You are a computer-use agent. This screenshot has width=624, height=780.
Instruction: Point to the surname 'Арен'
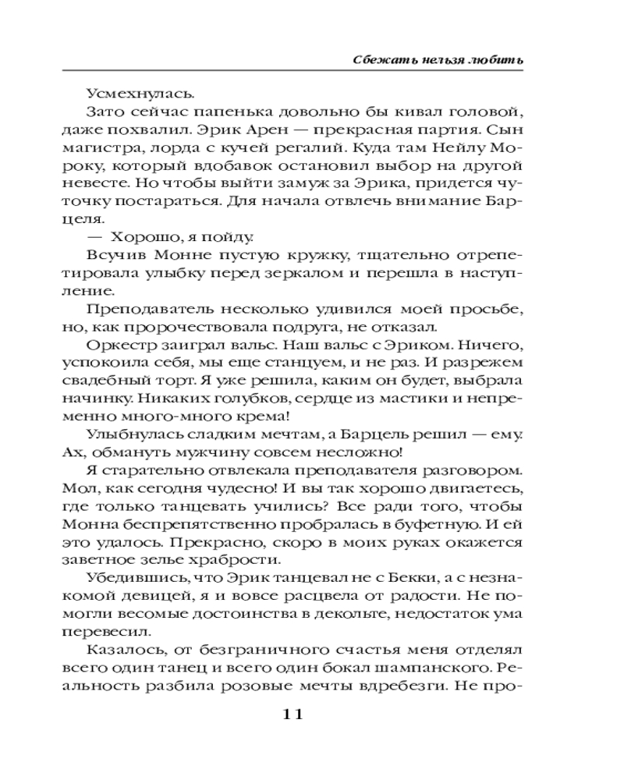331,133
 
